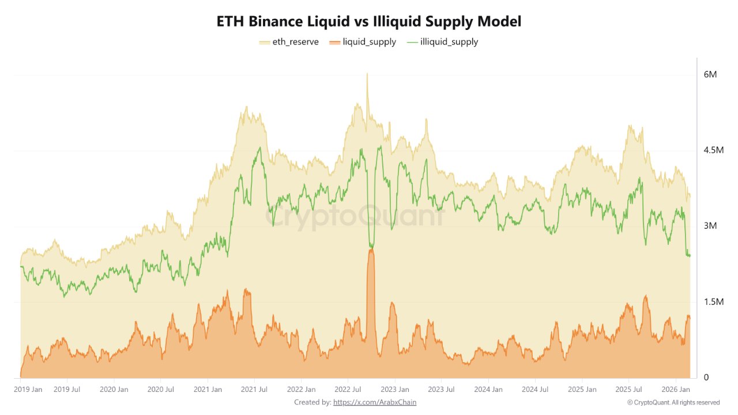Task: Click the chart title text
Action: (369, 22)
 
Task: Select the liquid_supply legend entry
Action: (363, 41)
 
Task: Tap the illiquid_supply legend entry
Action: (442, 41)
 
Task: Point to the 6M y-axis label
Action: (710, 75)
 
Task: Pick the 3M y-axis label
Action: (710, 226)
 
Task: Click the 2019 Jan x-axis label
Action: (28, 390)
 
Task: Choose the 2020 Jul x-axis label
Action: (161, 390)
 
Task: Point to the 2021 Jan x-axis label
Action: (208, 390)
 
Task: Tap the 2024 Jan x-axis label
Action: (488, 390)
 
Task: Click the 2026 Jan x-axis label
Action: (675, 390)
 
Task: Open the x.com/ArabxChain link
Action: (375, 402)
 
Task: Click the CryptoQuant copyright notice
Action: (673, 402)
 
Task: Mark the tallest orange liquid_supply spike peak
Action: (371, 249)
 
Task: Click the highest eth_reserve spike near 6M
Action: (367, 74)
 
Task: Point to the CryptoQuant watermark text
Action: (355, 217)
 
